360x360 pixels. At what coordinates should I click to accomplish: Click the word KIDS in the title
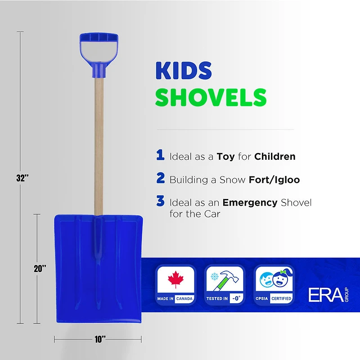tap(184, 71)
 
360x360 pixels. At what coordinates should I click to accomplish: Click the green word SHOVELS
tap(211, 97)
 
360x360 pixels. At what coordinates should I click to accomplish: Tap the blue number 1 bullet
tap(160, 156)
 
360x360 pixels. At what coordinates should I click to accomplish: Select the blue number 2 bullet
tap(161, 178)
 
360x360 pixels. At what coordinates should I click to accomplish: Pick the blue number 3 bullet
tap(161, 201)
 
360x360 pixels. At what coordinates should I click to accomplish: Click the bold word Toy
tap(225, 157)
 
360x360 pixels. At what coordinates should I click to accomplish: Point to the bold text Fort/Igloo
tap(274, 180)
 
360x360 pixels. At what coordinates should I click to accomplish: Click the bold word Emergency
tap(250, 202)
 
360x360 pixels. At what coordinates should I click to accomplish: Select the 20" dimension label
tap(40, 269)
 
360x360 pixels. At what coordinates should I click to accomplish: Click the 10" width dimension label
tap(100, 339)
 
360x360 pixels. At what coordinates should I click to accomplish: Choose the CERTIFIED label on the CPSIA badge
tap(281, 298)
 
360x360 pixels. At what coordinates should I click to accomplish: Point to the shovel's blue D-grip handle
tap(96, 49)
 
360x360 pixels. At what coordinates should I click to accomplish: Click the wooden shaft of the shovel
tap(98, 144)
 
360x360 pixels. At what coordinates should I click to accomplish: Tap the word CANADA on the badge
tap(184, 298)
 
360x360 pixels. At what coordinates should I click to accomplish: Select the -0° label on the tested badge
tap(235, 298)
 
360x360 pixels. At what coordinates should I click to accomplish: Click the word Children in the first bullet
tap(274, 157)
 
